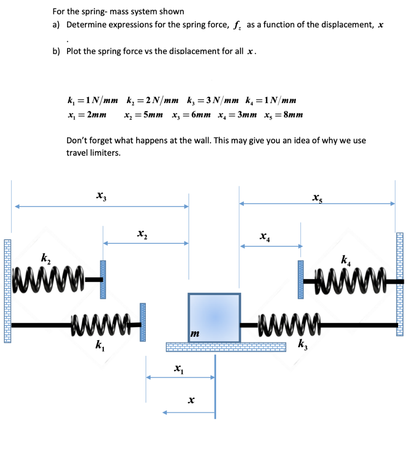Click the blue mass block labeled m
(x=215, y=317)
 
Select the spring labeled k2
(x=49, y=279)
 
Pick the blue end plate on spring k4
(x=301, y=279)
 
